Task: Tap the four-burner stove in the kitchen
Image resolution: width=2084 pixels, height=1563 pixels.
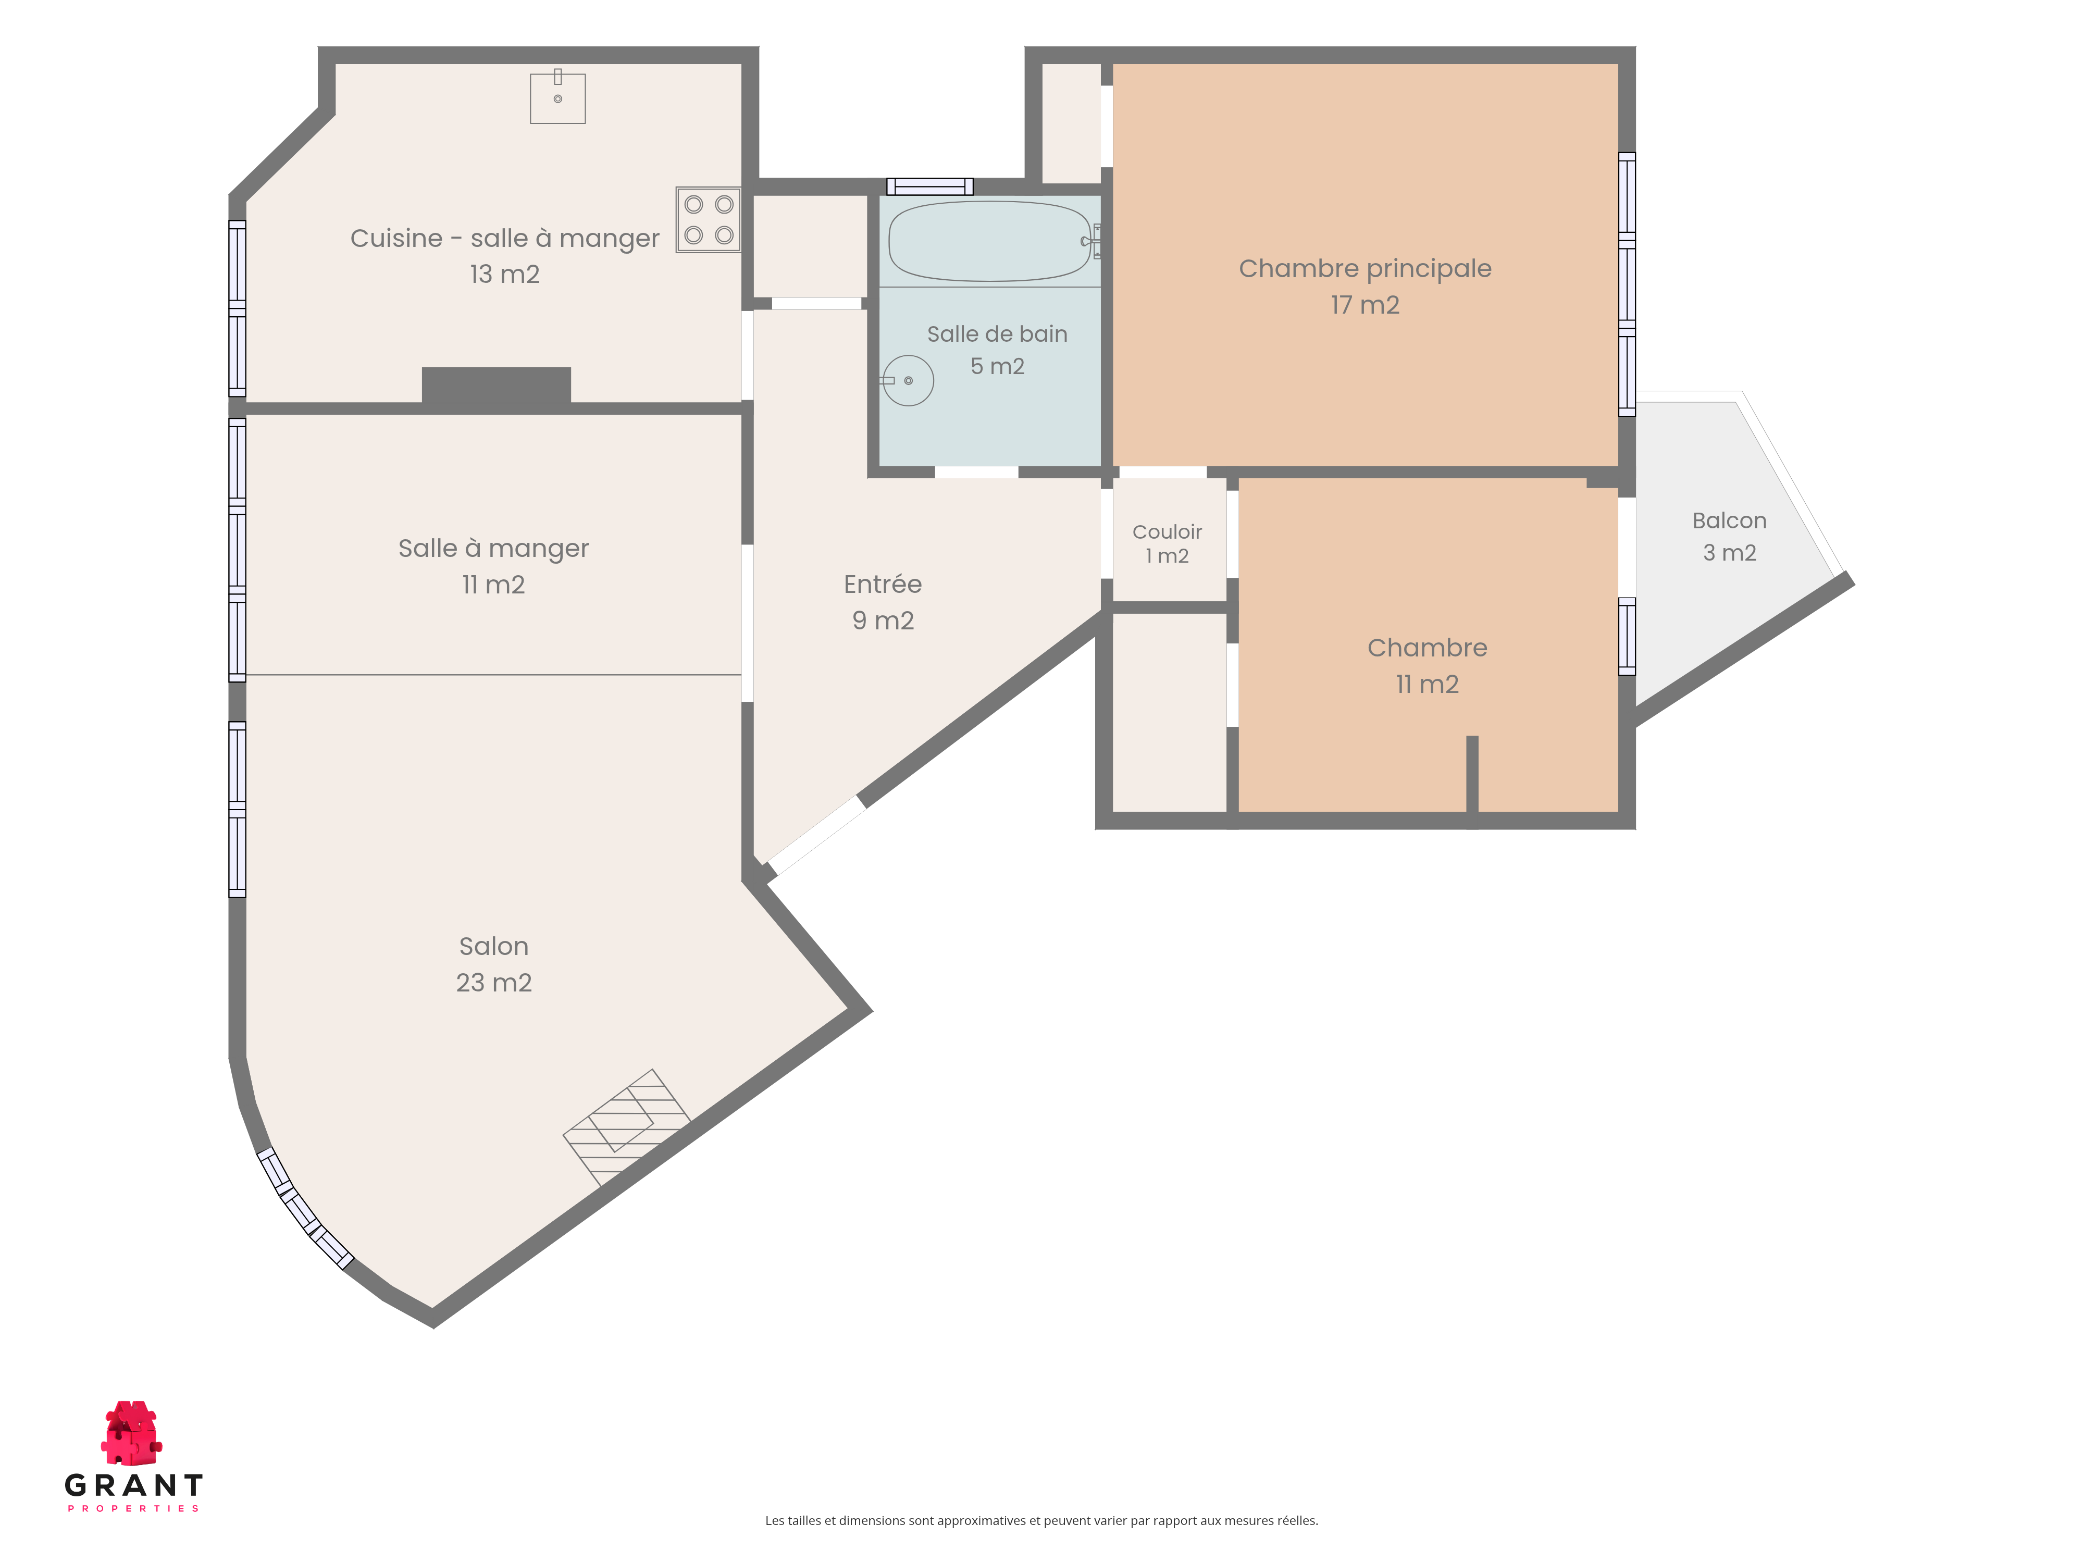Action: (709, 219)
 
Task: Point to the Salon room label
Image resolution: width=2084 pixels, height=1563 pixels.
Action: (494, 946)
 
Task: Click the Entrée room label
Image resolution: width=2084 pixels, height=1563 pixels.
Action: (883, 584)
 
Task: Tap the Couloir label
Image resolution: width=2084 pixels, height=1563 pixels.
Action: (1168, 532)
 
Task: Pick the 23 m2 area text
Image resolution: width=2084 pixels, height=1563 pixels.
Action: (494, 983)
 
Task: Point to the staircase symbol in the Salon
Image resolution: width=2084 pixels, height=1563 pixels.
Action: (627, 1126)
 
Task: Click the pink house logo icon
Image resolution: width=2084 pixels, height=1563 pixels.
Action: (132, 1433)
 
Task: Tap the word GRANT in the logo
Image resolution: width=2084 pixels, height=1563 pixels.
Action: (134, 1486)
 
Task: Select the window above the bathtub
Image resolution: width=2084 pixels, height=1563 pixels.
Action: (930, 187)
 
